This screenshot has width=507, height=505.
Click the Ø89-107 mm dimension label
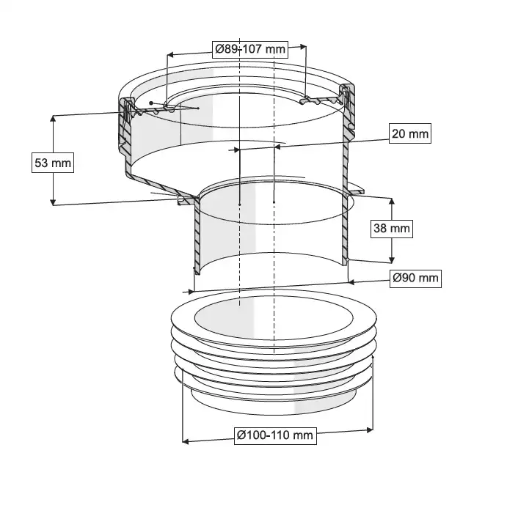[250, 49]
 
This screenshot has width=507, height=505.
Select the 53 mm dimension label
[53, 163]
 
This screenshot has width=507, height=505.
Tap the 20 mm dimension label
[409, 133]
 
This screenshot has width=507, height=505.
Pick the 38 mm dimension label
[392, 228]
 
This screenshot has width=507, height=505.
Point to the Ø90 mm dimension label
[415, 278]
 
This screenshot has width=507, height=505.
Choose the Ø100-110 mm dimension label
[275, 435]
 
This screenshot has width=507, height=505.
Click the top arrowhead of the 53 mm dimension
[53, 118]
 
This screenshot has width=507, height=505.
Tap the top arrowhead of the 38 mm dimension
[392, 202]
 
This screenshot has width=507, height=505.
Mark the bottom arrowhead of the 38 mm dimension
[392, 259]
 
